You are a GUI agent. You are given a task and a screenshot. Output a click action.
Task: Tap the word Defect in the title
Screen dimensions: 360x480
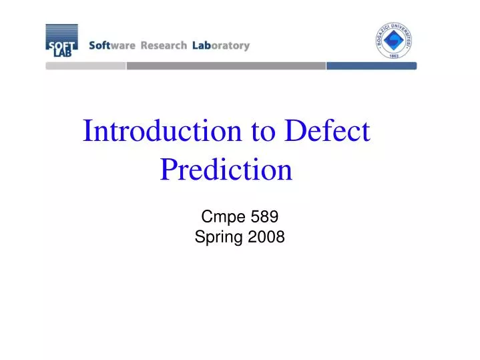pos(326,132)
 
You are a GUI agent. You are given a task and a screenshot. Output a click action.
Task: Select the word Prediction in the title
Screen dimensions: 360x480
pos(226,170)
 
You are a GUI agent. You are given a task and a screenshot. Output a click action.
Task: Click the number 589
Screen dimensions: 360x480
pos(264,216)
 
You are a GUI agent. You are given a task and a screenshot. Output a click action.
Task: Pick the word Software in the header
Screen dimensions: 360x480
pos(111,46)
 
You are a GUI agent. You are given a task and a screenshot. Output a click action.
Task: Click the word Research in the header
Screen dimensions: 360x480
pos(163,46)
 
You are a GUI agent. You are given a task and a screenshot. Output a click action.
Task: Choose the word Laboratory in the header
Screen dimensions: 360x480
pos(220,46)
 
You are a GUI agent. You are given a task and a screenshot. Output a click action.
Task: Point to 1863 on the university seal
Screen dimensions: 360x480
pos(394,55)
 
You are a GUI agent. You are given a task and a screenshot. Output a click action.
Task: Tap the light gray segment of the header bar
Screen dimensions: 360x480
pos(85,66)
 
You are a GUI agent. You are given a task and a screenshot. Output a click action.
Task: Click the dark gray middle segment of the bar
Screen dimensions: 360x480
pos(226,66)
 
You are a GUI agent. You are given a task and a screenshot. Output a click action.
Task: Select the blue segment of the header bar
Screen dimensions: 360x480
pos(371,66)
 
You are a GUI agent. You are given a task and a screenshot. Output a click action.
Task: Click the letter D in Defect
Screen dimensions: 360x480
pos(294,132)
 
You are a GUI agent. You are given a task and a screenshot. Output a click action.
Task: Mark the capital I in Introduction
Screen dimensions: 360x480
pos(87,132)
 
